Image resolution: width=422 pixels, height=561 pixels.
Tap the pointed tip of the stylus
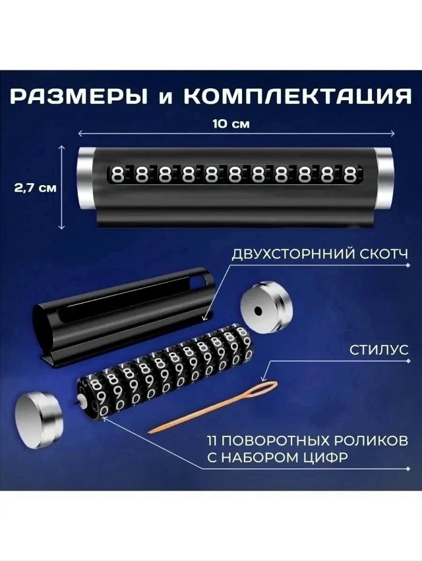coord(150,432)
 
